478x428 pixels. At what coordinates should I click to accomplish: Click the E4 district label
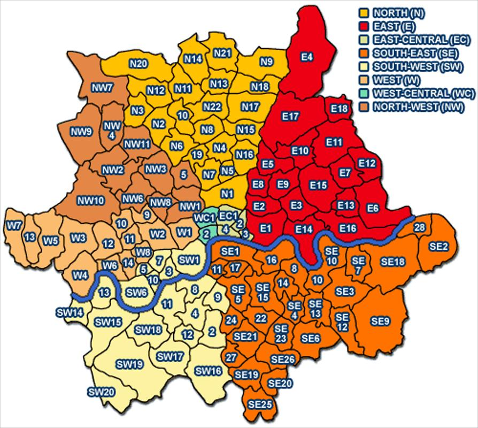tap(307, 56)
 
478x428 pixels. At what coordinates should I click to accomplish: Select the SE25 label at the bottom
tap(260, 403)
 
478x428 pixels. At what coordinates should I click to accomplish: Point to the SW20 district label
tap(101, 392)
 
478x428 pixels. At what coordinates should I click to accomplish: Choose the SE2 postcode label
tap(438, 246)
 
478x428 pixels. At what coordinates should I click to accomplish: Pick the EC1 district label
tap(228, 216)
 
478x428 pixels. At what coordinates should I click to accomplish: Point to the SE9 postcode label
tap(380, 321)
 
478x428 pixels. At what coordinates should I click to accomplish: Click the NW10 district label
tap(91, 201)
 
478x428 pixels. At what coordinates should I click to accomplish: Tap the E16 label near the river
tap(348, 228)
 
